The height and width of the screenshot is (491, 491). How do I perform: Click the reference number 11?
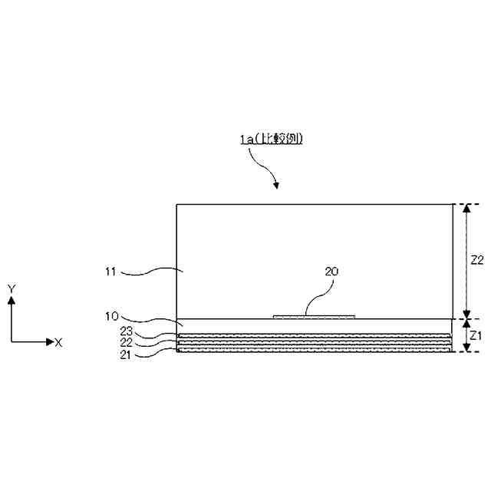110,271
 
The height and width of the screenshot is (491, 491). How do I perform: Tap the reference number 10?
110,315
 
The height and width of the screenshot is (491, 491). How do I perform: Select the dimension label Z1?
476,335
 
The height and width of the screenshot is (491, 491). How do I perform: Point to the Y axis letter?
11,288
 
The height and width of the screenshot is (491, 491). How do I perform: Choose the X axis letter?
58,342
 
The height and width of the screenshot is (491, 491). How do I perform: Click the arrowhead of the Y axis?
11,301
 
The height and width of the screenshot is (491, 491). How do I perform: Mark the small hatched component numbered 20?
315,315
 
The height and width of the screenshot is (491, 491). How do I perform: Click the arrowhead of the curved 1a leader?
276,185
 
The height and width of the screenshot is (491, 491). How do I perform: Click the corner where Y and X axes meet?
11,341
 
